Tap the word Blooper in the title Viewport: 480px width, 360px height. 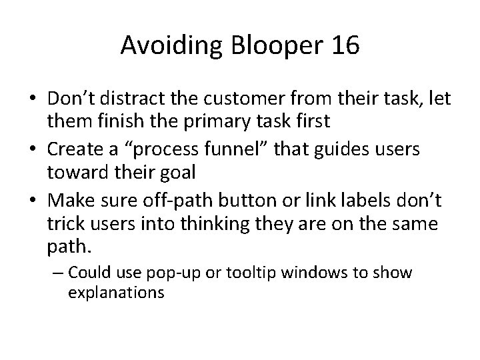pyautogui.click(x=267, y=45)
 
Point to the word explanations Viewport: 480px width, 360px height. pyautogui.click(x=116, y=292)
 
